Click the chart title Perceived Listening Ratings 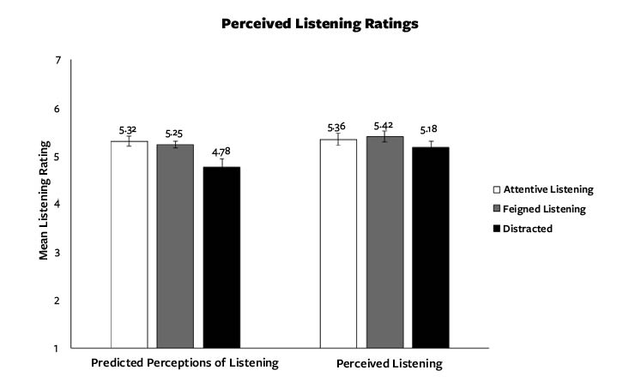pos(319,24)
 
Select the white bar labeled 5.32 pos(129,244)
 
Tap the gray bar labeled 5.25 pos(175,246)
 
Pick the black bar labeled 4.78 pos(221,257)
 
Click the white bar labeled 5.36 pos(338,243)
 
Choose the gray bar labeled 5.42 pos(384,242)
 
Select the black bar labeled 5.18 pos(430,248)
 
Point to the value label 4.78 pos(221,151)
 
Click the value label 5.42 pos(384,126)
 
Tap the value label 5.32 pos(129,130)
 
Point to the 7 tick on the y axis pos(57,61)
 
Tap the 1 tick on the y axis pos(57,348)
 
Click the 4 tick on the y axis pos(57,205)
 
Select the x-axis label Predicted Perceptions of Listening pos(184,363)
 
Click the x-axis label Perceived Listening pos(390,364)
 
